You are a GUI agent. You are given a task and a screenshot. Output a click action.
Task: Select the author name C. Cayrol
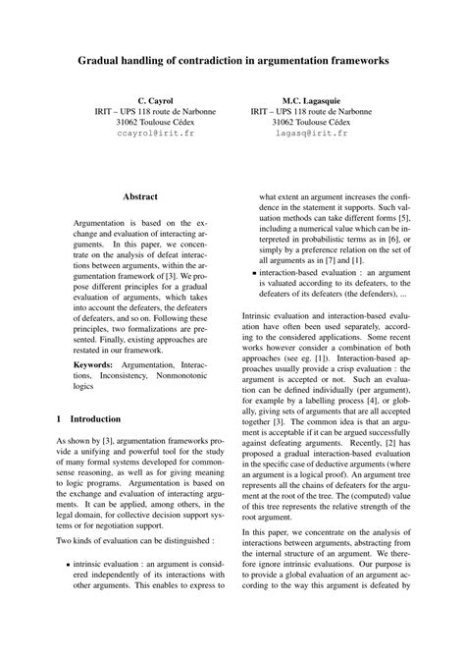(x=156, y=101)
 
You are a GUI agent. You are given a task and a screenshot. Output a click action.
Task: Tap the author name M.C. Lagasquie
(x=311, y=101)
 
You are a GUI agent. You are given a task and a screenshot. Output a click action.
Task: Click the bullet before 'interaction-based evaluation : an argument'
(x=254, y=272)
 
